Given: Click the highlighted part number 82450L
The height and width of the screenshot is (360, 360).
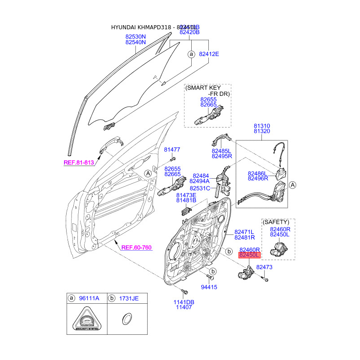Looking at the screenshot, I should (x=249, y=255).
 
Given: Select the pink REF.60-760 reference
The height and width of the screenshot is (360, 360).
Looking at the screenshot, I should (x=136, y=247).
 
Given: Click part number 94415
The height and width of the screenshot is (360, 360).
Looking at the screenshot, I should (x=209, y=287).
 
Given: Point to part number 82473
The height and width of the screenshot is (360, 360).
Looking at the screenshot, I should (x=265, y=267).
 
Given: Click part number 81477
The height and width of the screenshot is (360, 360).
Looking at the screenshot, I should (x=172, y=149).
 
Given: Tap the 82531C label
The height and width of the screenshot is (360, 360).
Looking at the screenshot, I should (x=200, y=188).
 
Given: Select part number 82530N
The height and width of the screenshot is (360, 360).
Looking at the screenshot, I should (x=135, y=36).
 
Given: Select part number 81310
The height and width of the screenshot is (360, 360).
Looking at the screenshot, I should (x=261, y=126).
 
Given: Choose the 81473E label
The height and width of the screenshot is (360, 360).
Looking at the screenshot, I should (x=186, y=195).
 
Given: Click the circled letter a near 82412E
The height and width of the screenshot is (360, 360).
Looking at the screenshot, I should (x=191, y=54).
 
